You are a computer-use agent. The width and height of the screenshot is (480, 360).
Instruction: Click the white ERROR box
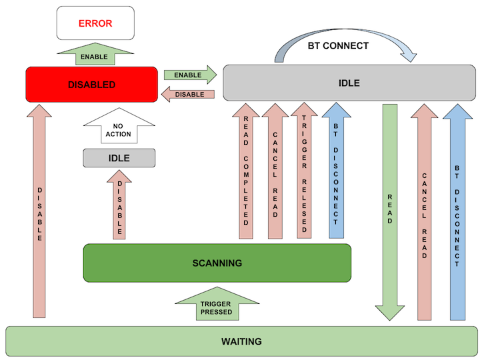tap(95, 23)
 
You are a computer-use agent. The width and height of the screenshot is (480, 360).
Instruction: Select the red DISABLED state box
tap(91, 85)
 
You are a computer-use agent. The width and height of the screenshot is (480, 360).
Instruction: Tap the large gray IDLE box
tap(349, 83)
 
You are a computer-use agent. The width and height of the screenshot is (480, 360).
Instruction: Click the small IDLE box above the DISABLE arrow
tap(119, 158)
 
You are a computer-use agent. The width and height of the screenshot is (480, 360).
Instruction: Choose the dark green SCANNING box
tap(217, 263)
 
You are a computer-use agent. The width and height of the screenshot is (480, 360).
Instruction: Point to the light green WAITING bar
tap(241, 341)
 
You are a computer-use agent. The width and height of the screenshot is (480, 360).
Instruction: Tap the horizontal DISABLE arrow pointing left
tap(189, 95)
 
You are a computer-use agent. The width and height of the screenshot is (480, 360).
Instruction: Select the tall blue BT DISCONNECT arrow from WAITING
tap(457, 213)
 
